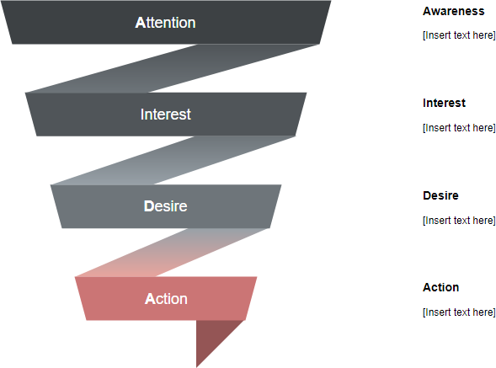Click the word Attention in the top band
(165, 23)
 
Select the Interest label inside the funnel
(166, 115)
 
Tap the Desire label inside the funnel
(165, 206)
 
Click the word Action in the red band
(166, 299)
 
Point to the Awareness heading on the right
(453, 12)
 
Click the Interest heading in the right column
(444, 103)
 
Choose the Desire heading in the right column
(440, 195)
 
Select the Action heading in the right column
(440, 287)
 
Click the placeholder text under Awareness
(459, 35)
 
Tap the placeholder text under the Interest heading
(459, 128)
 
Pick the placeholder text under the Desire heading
(459, 221)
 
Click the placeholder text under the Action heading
(459, 312)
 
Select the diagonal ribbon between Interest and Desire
(173, 160)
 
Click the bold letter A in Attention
(140, 23)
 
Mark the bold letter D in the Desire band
(148, 206)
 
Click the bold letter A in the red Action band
(150, 299)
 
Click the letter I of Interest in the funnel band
(142, 115)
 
